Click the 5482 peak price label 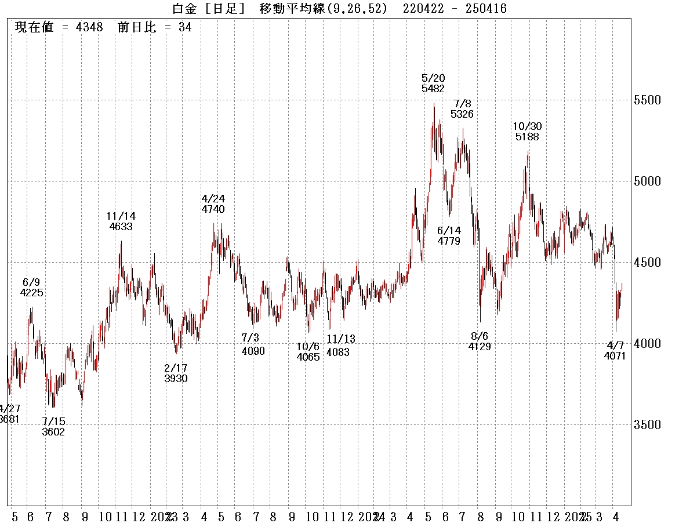click(x=433, y=89)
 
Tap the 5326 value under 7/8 click(x=462, y=114)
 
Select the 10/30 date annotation click(x=527, y=126)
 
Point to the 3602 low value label click(x=53, y=431)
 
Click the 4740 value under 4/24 click(x=213, y=209)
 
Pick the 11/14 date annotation click(x=121, y=216)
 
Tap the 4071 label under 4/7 click(x=615, y=356)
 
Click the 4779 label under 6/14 click(x=449, y=241)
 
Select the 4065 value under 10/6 click(x=308, y=357)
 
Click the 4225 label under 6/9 click(x=31, y=293)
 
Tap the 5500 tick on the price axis click(x=647, y=100)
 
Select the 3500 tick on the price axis click(x=647, y=425)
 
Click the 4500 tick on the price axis click(x=647, y=263)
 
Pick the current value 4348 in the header click(x=89, y=28)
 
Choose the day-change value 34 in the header click(x=185, y=28)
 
